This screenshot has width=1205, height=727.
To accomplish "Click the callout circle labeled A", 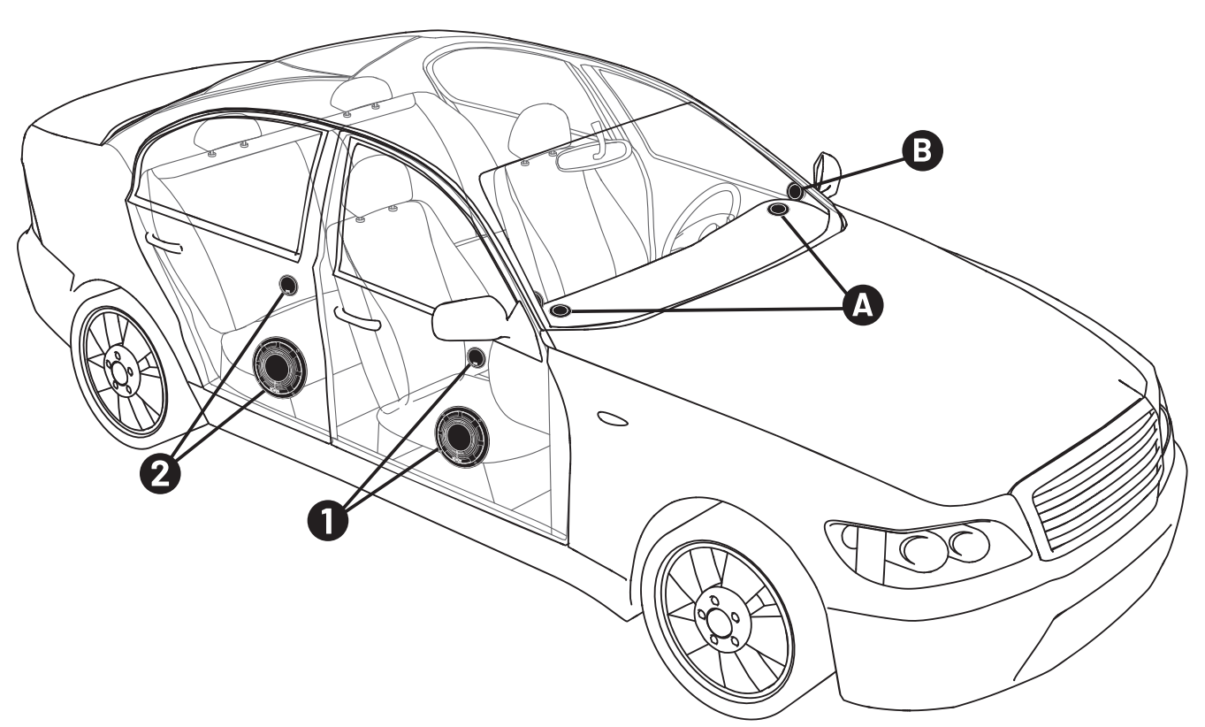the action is (862, 305).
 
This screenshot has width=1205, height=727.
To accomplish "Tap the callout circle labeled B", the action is (922, 150).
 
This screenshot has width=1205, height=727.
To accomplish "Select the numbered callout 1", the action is (328, 520).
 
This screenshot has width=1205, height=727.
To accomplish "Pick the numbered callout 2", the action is (160, 473).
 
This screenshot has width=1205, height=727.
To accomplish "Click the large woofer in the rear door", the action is (278, 368).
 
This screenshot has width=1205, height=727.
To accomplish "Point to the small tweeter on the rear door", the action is (288, 284).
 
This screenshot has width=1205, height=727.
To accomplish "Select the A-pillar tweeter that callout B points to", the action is (795, 191).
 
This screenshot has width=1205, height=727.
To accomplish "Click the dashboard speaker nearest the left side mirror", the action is (561, 310).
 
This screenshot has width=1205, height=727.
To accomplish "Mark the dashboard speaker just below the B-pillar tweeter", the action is (778, 209).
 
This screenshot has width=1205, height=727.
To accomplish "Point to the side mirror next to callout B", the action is (827, 174).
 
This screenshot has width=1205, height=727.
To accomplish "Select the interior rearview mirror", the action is (591, 155).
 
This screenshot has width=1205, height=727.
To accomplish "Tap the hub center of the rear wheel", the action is (118, 371).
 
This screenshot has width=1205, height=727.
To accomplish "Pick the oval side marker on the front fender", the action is (613, 418).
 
